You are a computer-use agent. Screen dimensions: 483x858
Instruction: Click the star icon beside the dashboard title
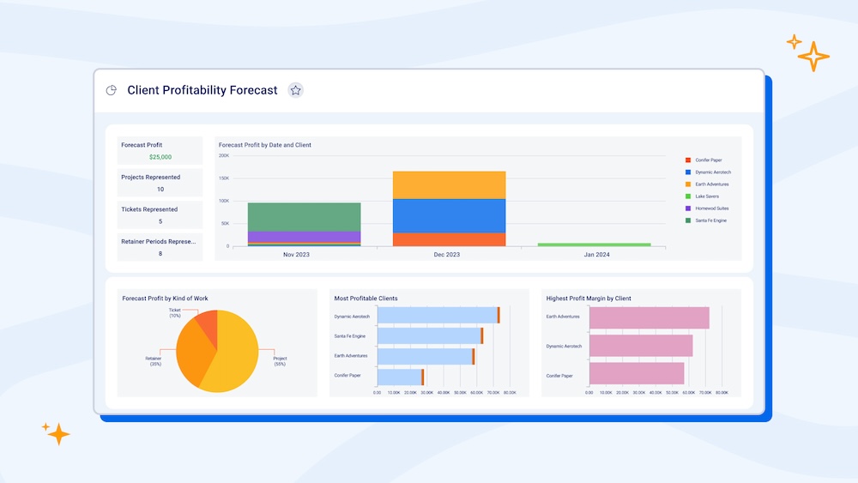pos(295,90)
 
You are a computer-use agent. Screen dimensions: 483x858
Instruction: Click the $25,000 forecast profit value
pos(160,157)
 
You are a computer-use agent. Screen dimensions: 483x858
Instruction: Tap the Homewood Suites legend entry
pos(712,208)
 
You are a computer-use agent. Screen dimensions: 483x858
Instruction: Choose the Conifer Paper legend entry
pos(708,160)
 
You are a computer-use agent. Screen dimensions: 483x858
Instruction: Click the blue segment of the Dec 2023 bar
pos(449,215)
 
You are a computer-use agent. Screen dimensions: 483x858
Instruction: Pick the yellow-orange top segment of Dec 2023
pos(449,184)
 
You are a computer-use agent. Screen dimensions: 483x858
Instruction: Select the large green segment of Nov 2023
pos(304,216)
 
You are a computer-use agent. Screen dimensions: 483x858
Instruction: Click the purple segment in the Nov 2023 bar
pos(304,236)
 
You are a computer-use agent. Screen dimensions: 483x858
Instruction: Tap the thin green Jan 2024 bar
pos(594,245)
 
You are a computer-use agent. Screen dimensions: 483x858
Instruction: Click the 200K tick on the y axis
pos(224,155)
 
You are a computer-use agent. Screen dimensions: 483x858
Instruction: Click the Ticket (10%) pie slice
pos(207,323)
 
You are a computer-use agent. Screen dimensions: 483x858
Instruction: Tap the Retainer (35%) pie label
pos(154,361)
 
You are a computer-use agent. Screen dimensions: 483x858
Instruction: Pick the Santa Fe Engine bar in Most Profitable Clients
pos(429,335)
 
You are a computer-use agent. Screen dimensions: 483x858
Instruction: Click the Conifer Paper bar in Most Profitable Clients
pos(399,376)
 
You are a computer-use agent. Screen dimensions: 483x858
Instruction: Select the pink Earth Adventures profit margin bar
pos(649,317)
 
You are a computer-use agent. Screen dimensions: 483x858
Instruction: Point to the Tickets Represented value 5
pos(160,221)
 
